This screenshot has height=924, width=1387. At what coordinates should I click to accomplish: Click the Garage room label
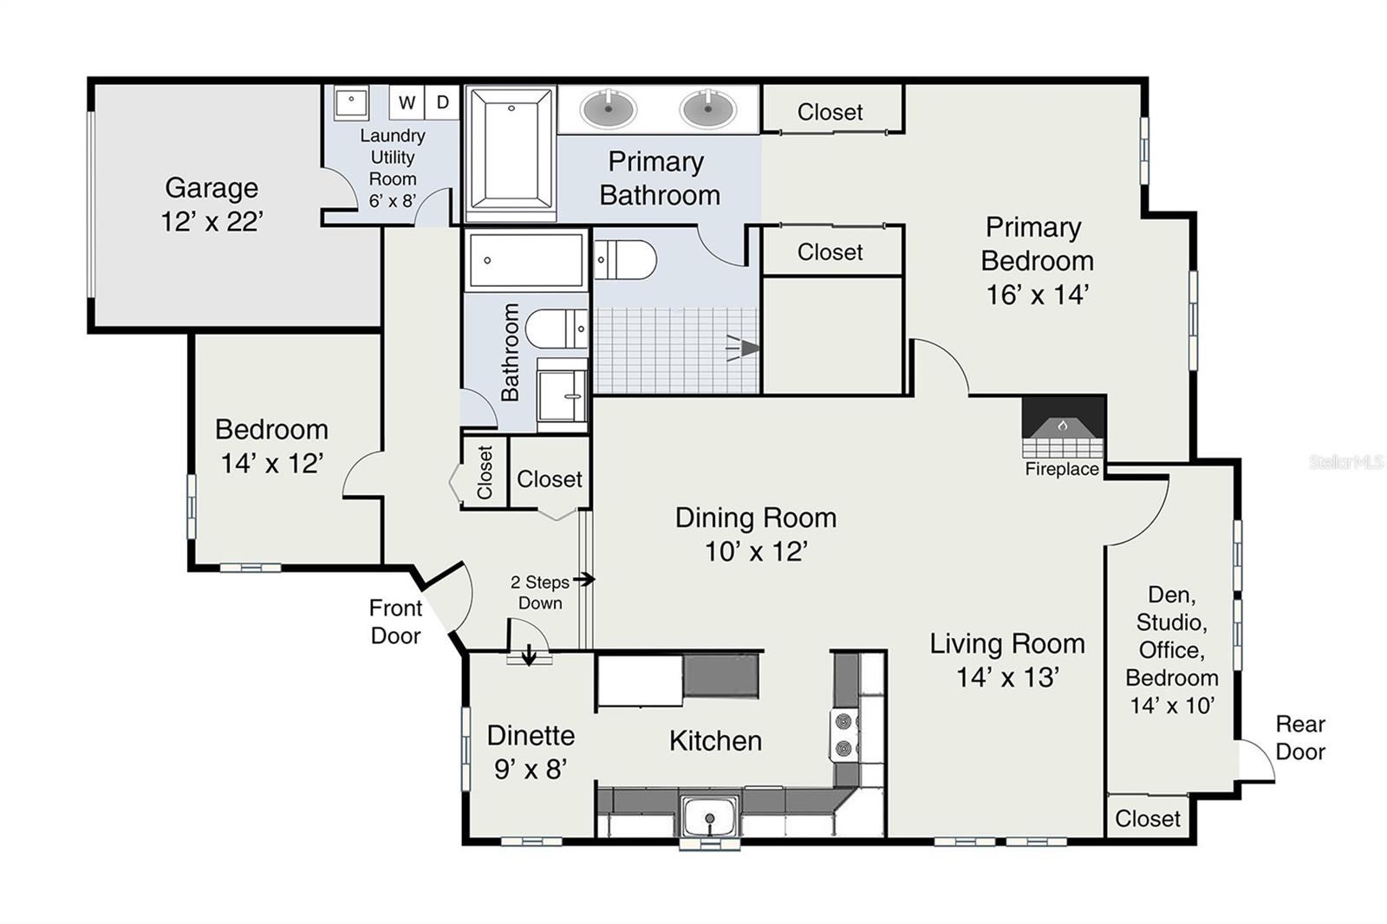point(212,187)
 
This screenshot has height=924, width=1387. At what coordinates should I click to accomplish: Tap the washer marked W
point(407,102)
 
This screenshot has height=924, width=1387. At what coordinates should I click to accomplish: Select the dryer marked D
point(442,102)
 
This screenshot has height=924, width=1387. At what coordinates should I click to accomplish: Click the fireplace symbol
point(1063,426)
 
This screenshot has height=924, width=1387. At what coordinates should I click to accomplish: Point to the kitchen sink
point(710,817)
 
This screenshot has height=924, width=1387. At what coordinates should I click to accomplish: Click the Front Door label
point(395,621)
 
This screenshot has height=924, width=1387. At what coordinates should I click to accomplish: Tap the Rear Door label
point(1300,738)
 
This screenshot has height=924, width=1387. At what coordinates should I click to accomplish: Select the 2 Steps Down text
point(540,593)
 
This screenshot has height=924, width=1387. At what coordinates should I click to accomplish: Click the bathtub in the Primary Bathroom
point(511,153)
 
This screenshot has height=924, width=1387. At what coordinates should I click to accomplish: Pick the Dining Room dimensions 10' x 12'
point(756,551)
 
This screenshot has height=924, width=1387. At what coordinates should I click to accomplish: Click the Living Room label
point(1007,644)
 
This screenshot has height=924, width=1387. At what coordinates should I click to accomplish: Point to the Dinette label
point(531,736)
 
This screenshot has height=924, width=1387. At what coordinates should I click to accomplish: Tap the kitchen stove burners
point(843,735)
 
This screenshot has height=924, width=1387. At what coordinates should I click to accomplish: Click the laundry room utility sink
point(351,101)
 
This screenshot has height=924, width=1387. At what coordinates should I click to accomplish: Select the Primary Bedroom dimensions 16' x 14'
point(1038,295)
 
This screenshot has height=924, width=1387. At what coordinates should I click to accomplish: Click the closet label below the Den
point(1148,819)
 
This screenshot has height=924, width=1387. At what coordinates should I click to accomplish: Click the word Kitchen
point(716,741)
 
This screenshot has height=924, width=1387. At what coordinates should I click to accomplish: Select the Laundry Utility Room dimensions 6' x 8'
point(393,200)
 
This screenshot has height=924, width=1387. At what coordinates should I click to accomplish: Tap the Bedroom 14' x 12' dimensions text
point(272,463)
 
